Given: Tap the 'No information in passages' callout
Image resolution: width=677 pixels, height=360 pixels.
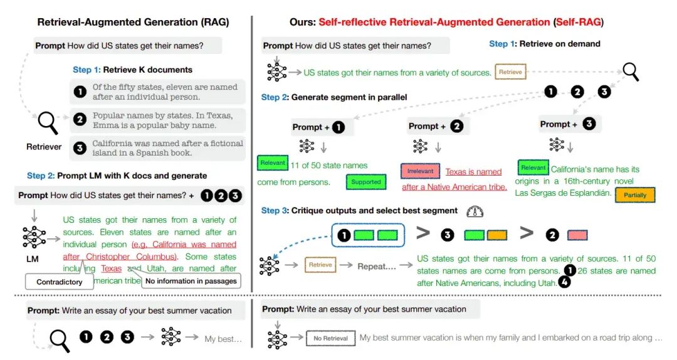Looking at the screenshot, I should click(191, 281).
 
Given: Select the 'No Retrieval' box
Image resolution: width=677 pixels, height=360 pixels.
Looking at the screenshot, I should click(330, 338).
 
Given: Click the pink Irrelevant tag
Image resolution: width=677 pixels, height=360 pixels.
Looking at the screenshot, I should click(420, 171).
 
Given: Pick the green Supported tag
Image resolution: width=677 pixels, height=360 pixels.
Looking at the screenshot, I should click(366, 182).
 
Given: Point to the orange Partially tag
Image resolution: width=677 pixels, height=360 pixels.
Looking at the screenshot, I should click(635, 195).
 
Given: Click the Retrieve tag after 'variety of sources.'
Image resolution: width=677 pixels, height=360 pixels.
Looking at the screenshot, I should click(510, 72).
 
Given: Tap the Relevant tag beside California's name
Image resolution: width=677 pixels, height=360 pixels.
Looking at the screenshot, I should click(533, 167).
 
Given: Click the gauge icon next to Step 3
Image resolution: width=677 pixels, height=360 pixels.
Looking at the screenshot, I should click(475, 211).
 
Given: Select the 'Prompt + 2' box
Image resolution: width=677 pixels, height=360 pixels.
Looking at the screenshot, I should click(436, 126).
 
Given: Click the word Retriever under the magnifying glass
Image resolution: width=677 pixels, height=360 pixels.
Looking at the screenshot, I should click(44, 147).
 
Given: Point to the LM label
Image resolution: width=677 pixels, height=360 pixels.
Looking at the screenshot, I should click(33, 259).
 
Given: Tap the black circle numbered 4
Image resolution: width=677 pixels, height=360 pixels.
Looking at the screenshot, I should click(565, 283).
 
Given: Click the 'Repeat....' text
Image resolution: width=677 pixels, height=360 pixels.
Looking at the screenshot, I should click(375, 265).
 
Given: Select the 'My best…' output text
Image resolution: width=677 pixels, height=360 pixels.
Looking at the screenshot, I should click(223, 339).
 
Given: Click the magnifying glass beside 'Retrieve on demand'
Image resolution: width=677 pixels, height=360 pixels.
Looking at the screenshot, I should click(630, 72).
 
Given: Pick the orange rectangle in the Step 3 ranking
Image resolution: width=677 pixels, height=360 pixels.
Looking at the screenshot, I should click(497, 235).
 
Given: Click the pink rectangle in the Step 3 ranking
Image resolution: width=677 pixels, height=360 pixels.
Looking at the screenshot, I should click(577, 235).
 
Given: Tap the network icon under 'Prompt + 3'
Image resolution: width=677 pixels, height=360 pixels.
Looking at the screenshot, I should click(557, 145).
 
